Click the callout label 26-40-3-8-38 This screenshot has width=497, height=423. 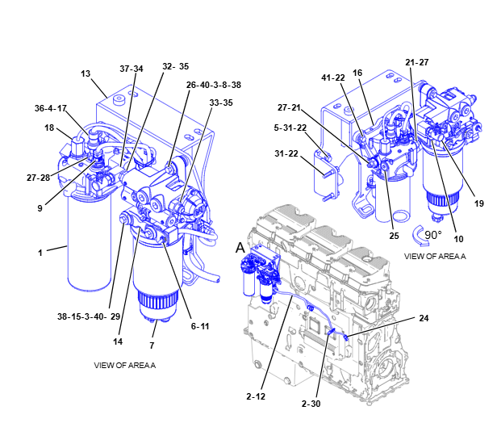(213, 85)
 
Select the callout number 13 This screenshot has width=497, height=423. (86, 73)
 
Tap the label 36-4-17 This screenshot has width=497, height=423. (51, 108)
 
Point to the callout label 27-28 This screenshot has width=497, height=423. (39, 178)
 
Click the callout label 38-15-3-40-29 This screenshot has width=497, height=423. (89, 316)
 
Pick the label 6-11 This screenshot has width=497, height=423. (200, 326)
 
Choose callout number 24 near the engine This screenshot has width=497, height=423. (424, 318)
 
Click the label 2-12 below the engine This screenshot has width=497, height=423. (256, 396)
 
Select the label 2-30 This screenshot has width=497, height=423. (311, 404)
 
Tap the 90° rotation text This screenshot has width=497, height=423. (433, 235)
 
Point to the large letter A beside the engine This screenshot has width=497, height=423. (240, 248)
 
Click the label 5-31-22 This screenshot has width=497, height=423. (290, 128)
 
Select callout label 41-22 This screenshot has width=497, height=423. (333, 77)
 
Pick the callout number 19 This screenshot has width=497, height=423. (479, 203)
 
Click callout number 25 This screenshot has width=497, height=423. (394, 236)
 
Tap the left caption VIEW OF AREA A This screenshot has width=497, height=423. (124, 366)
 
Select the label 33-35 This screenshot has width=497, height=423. (221, 103)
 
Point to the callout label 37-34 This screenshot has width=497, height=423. (132, 69)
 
